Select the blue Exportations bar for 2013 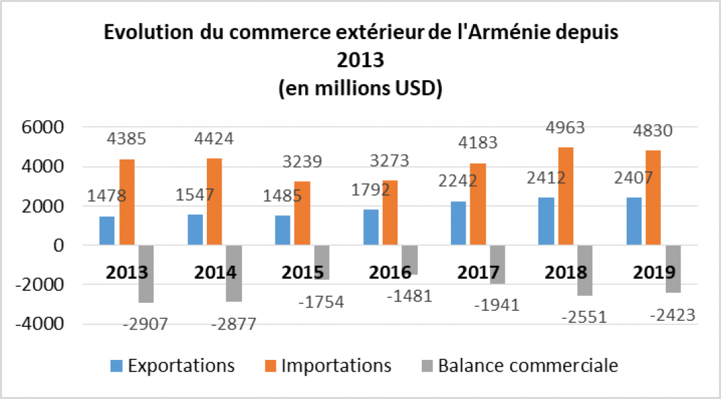pyautogui.click(x=106, y=231)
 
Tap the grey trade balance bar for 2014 pyautogui.click(x=234, y=273)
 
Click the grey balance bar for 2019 pyautogui.click(x=673, y=268)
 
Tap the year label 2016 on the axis pyautogui.click(x=391, y=273)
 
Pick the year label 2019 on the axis pyautogui.click(x=654, y=273)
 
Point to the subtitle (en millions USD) pyautogui.click(x=360, y=88)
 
